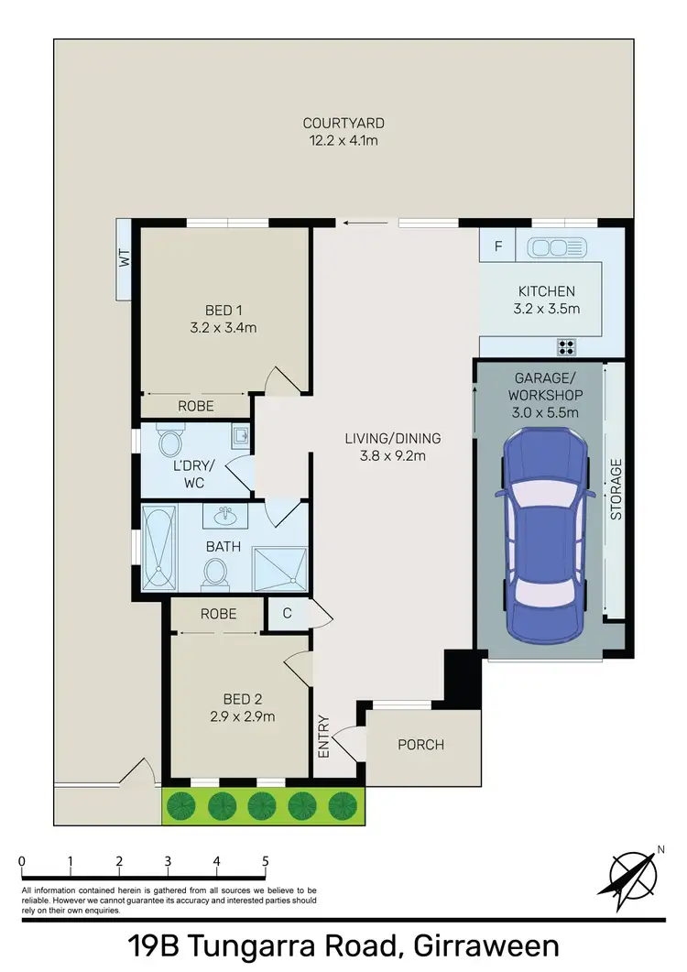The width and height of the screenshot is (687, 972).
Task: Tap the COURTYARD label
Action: click(x=343, y=124)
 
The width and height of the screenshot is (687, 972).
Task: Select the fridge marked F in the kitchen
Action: click(x=497, y=246)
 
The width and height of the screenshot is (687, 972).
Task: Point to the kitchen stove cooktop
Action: click(x=567, y=346)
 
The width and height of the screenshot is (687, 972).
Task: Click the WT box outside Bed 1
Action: click(x=125, y=259)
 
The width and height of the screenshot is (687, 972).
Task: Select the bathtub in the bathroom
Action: click(x=158, y=547)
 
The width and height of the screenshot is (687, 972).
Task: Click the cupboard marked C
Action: click(x=287, y=614)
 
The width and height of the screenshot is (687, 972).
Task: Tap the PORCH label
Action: click(x=421, y=745)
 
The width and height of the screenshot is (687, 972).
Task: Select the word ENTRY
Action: click(x=322, y=736)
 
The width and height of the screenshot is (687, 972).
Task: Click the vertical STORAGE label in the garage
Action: click(x=616, y=489)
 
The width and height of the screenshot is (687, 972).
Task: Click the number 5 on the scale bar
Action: click(x=266, y=861)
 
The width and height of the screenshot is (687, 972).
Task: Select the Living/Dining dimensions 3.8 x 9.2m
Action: click(x=392, y=454)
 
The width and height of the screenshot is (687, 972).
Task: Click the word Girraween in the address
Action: click(x=487, y=946)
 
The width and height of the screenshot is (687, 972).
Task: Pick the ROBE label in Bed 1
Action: click(x=196, y=406)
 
